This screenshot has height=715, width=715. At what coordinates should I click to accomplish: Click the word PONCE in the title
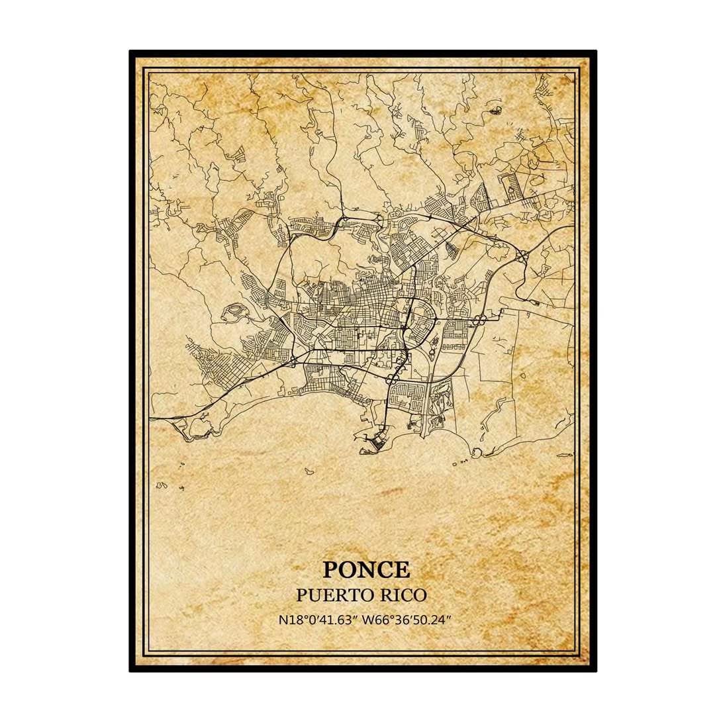coord(366,569)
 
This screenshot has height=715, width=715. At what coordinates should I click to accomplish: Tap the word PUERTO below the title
coord(332,595)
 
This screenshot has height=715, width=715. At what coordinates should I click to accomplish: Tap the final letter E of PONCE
coord(402,569)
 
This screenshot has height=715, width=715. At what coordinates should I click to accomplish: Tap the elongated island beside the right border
coord(565,455)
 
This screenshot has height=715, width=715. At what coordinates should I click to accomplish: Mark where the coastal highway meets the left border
coord(151,418)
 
